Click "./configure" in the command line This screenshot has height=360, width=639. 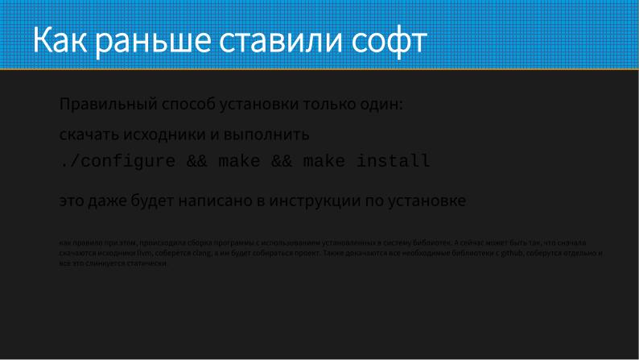[x=117, y=162]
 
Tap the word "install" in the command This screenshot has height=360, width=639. [x=394, y=162]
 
